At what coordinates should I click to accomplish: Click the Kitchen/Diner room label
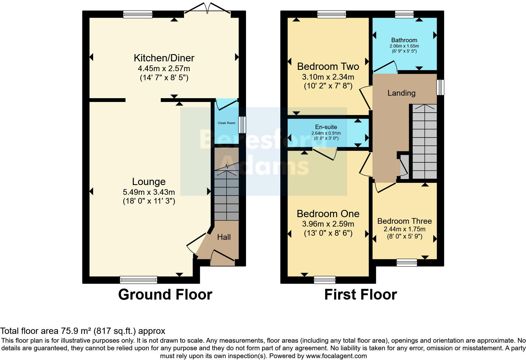tap(164, 58)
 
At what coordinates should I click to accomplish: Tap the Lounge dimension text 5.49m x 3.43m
tap(149, 192)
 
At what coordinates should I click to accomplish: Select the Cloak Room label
tap(226, 123)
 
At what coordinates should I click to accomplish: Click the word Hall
tap(224, 237)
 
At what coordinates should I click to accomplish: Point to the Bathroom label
tap(404, 40)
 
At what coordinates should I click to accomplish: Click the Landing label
tap(401, 93)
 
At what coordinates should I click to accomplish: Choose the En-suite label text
tap(326, 127)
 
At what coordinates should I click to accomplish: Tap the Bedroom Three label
tap(404, 221)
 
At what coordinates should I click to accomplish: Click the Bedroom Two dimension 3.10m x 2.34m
tap(328, 77)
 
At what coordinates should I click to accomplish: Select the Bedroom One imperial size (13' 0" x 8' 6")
tap(328, 233)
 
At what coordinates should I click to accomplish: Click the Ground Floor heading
tap(165, 295)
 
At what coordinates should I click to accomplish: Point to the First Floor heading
tap(361, 295)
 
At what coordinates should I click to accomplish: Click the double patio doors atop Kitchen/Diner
tap(207, 8)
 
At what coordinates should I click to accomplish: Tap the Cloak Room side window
tap(242, 125)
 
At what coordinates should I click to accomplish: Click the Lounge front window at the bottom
tap(138, 280)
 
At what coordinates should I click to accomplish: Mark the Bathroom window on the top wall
tap(404, 14)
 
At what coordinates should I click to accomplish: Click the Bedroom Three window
tap(406, 262)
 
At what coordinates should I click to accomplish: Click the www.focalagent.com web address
tap(336, 356)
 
